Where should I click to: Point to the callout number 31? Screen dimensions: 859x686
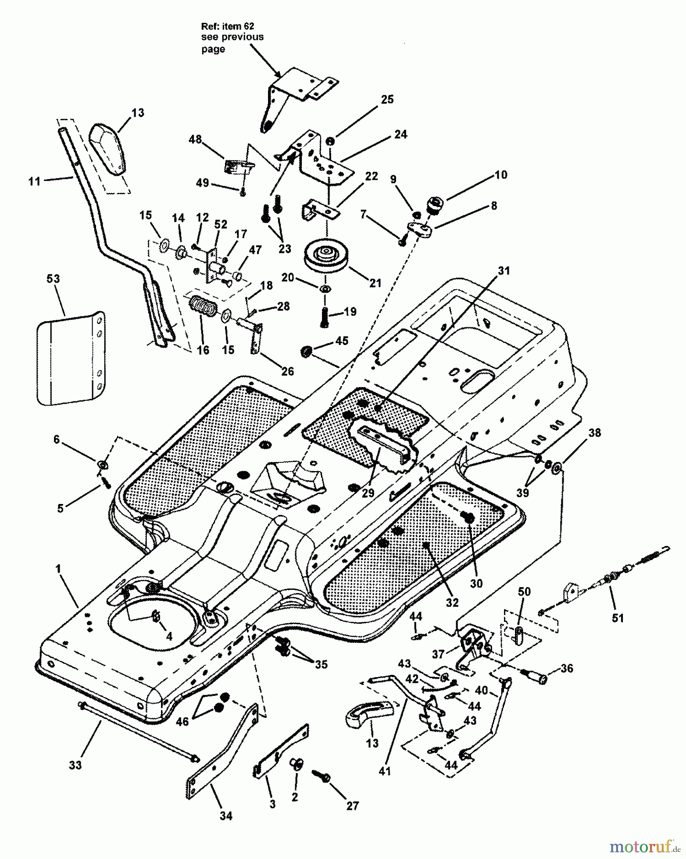[x=504, y=271]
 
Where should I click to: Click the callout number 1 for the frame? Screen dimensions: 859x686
[x=58, y=569]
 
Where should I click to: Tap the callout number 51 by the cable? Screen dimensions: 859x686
[x=618, y=618]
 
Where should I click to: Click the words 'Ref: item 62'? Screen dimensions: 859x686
[x=225, y=27]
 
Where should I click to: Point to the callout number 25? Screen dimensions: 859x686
[x=387, y=99]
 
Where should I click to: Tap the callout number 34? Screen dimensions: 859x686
[x=226, y=816]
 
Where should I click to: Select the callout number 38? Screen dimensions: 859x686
[x=595, y=433]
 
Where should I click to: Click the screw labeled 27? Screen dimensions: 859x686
[x=321, y=776]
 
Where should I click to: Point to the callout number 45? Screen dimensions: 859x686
[x=342, y=341]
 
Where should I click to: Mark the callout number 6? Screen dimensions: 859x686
[x=56, y=439]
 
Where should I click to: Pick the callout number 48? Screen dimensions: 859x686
[x=195, y=140]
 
